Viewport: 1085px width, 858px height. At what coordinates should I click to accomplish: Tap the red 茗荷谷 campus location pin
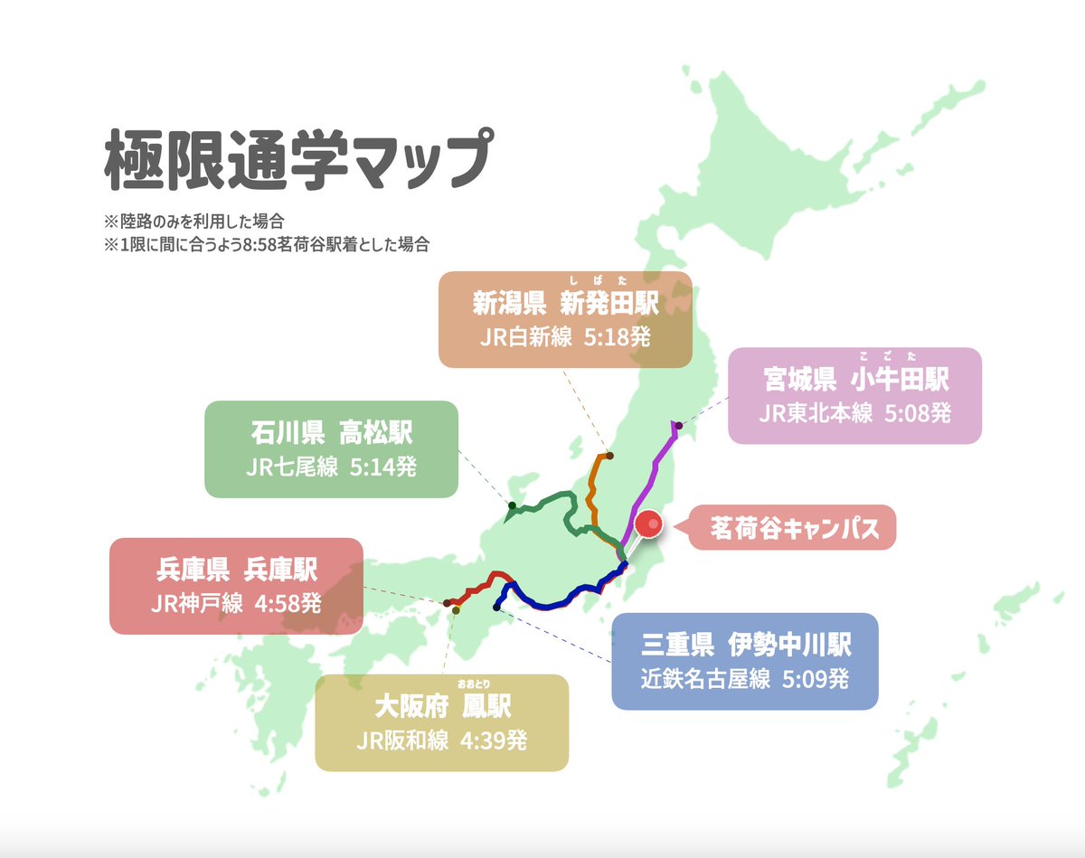point(648,523)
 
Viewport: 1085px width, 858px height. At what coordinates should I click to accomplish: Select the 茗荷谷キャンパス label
point(795,528)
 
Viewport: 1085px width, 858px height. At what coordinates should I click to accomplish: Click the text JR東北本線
point(816,413)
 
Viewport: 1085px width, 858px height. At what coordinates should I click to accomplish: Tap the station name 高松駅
point(375,433)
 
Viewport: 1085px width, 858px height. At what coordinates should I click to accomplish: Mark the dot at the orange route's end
point(609,455)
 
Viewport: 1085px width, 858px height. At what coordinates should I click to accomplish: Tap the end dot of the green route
point(512,505)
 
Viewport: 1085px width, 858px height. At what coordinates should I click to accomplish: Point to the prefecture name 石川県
point(287,433)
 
